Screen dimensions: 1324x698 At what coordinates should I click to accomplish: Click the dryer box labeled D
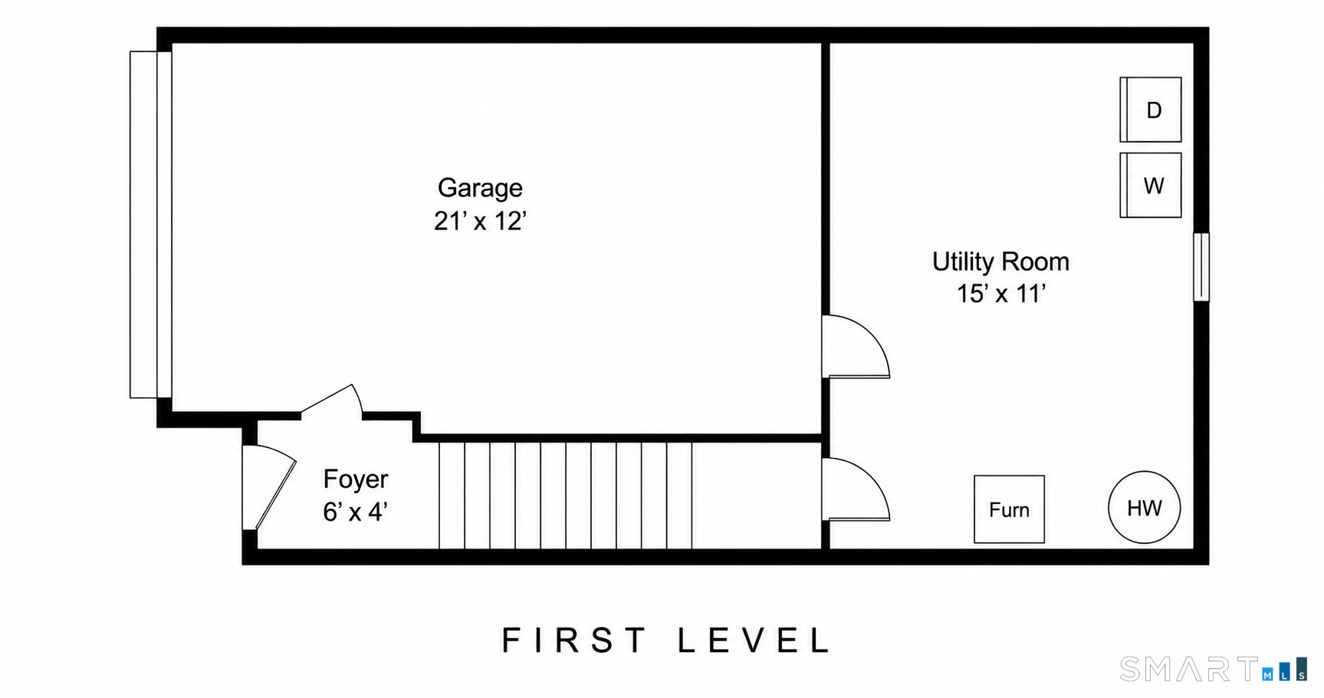point(1150,110)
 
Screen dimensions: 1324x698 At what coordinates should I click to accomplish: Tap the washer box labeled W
point(1150,185)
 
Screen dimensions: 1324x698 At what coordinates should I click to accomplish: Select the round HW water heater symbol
point(1144,507)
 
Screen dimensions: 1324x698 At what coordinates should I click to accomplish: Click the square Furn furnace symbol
point(1009,509)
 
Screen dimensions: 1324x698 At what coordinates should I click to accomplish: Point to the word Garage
point(480,188)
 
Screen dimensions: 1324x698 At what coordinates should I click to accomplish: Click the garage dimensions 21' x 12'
point(480,221)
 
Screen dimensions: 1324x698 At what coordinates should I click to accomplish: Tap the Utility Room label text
point(1000,262)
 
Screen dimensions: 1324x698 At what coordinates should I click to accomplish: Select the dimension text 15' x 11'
point(1000,293)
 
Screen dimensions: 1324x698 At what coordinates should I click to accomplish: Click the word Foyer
point(356,479)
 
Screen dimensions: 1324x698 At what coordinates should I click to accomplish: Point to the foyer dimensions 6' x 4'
point(355,512)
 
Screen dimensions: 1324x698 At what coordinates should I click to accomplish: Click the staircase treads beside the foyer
point(565,496)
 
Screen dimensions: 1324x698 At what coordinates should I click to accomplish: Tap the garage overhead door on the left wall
point(150,225)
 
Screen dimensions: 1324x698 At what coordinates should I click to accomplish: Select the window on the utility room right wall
point(1201,267)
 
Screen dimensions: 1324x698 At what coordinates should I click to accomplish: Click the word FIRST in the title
point(574,640)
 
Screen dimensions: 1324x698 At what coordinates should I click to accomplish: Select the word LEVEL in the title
point(754,640)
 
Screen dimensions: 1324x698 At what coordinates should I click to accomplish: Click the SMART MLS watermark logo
point(1214,669)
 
